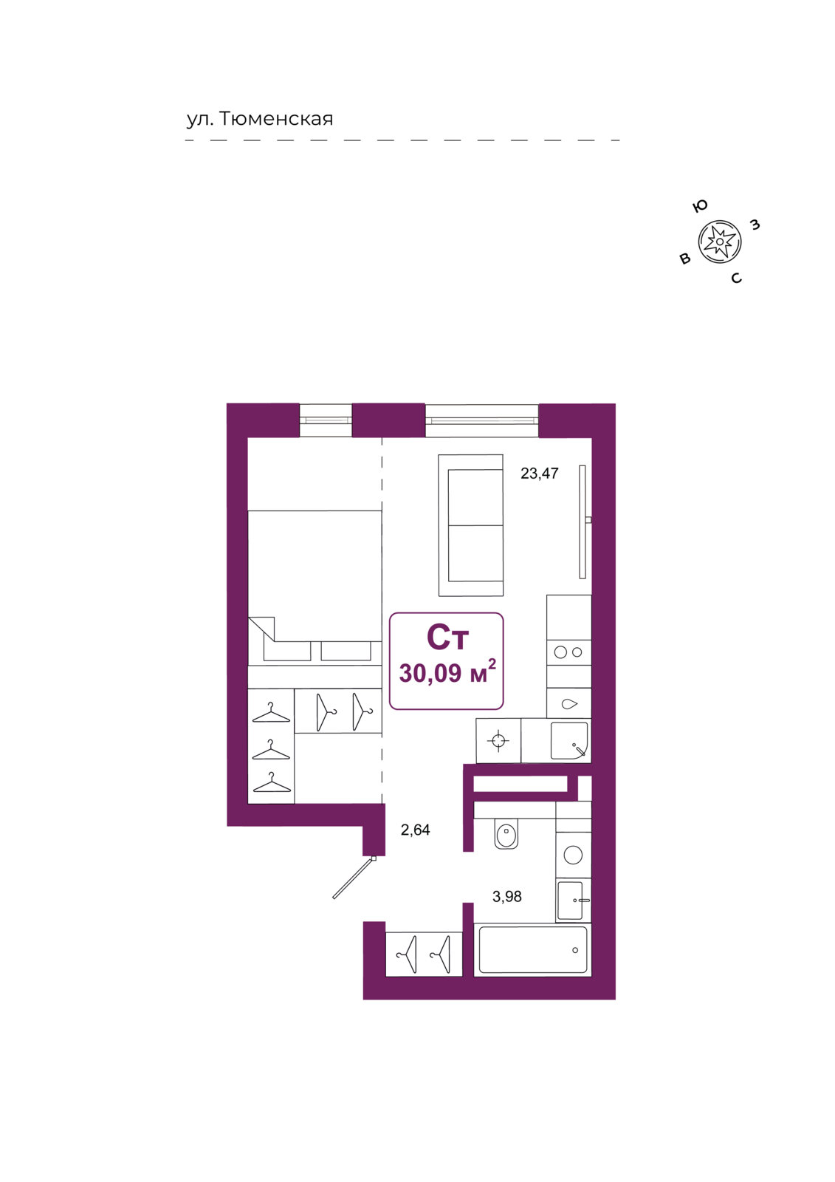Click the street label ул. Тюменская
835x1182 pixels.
tap(260, 119)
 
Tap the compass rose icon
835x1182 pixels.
tap(720, 242)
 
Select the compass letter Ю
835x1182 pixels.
tap(699, 206)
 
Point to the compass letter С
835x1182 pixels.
tap(736, 278)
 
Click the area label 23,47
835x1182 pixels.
tap(539, 474)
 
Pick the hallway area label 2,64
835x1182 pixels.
tap(415, 830)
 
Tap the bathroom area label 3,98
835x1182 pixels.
tap(507, 897)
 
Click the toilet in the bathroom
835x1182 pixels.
tap(506, 834)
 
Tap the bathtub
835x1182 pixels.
tap(532, 950)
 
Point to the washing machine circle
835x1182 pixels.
tap(573, 855)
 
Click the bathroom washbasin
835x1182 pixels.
tap(573, 901)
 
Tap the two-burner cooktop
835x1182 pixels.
tap(568, 652)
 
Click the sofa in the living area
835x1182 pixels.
tap(470, 525)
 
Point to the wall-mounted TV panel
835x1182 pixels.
tap(583, 522)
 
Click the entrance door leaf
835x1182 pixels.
tap(354, 878)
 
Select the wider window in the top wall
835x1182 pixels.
tap(481, 420)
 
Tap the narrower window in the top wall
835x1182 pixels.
tap(326, 420)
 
